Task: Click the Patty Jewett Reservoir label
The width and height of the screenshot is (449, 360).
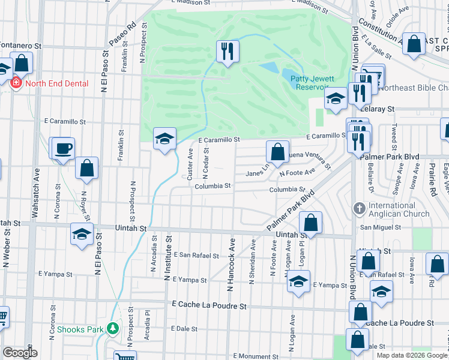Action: click(x=310, y=82)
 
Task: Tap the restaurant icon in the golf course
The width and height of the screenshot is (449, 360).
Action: click(x=228, y=51)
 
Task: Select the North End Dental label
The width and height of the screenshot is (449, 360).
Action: click(x=49, y=83)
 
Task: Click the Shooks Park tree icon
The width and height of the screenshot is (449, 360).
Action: click(x=112, y=329)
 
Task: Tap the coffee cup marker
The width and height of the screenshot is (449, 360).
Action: click(x=63, y=148)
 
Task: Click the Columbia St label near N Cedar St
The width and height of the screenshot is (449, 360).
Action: click(x=212, y=186)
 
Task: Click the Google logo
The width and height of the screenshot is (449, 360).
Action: click(x=19, y=353)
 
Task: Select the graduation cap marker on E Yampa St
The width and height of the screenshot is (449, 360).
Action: click(x=298, y=282)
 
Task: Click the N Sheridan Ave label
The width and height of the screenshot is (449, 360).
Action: click(x=252, y=262)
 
